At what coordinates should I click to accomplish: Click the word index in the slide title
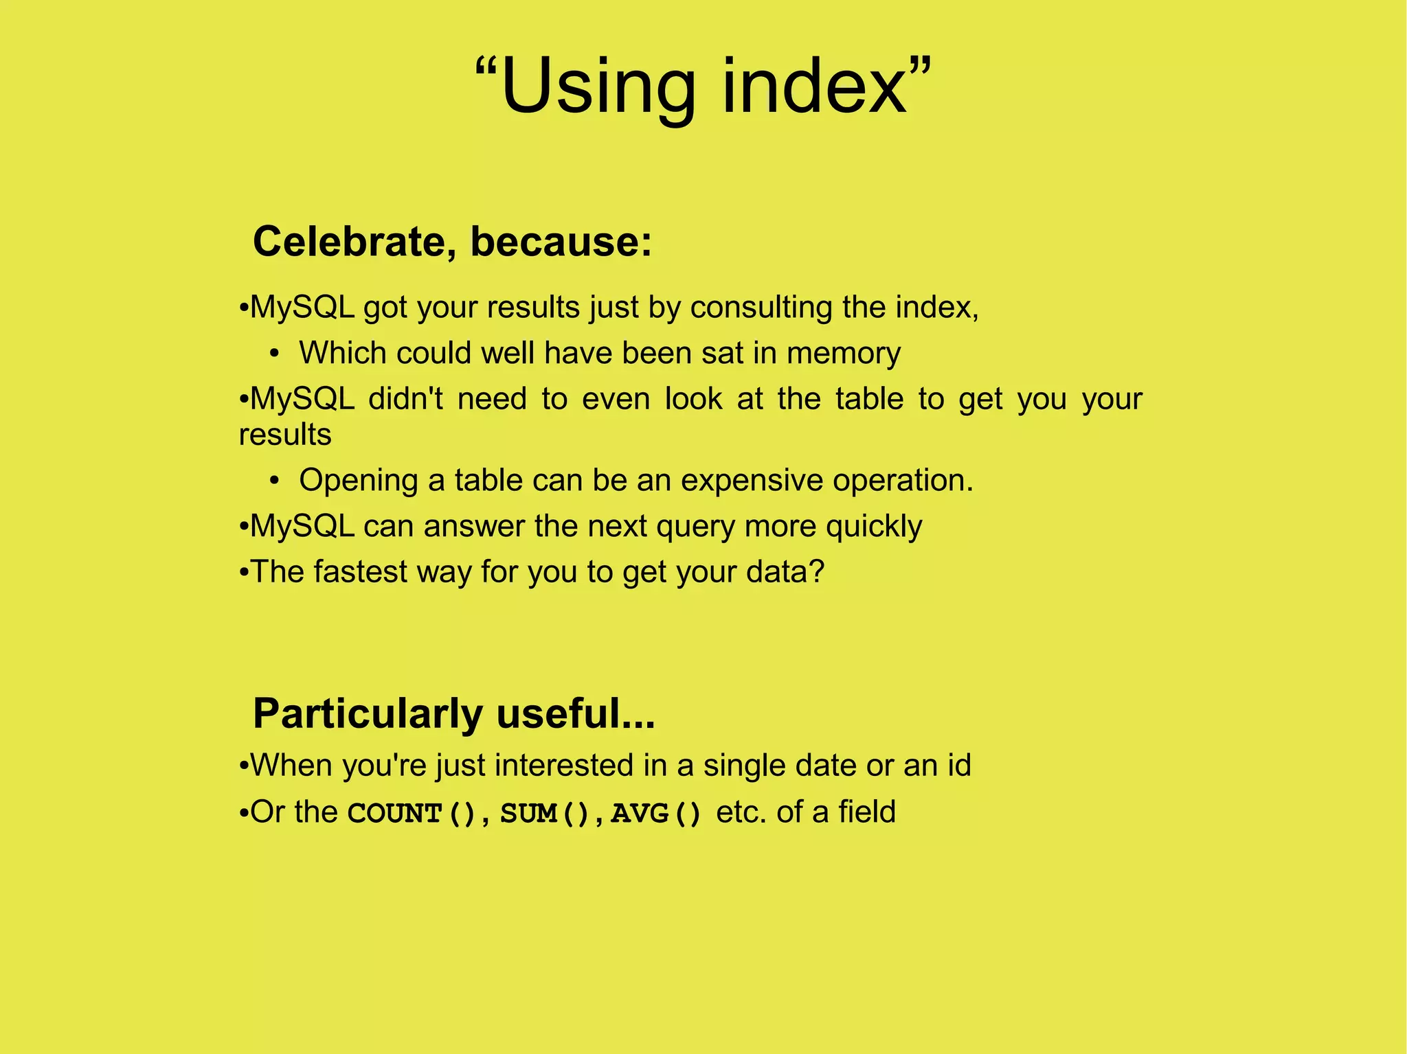pyautogui.click(x=815, y=87)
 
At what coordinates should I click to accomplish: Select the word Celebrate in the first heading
pyautogui.click(x=354, y=242)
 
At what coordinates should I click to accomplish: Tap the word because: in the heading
pyautogui.click(x=561, y=242)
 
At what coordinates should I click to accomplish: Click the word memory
pyautogui.click(x=844, y=353)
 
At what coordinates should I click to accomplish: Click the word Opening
pyautogui.click(x=358, y=481)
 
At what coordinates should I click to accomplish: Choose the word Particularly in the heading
pyautogui.click(x=368, y=713)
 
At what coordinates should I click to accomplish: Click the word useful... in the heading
pyautogui.click(x=576, y=713)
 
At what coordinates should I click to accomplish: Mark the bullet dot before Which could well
pyautogui.click(x=275, y=354)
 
